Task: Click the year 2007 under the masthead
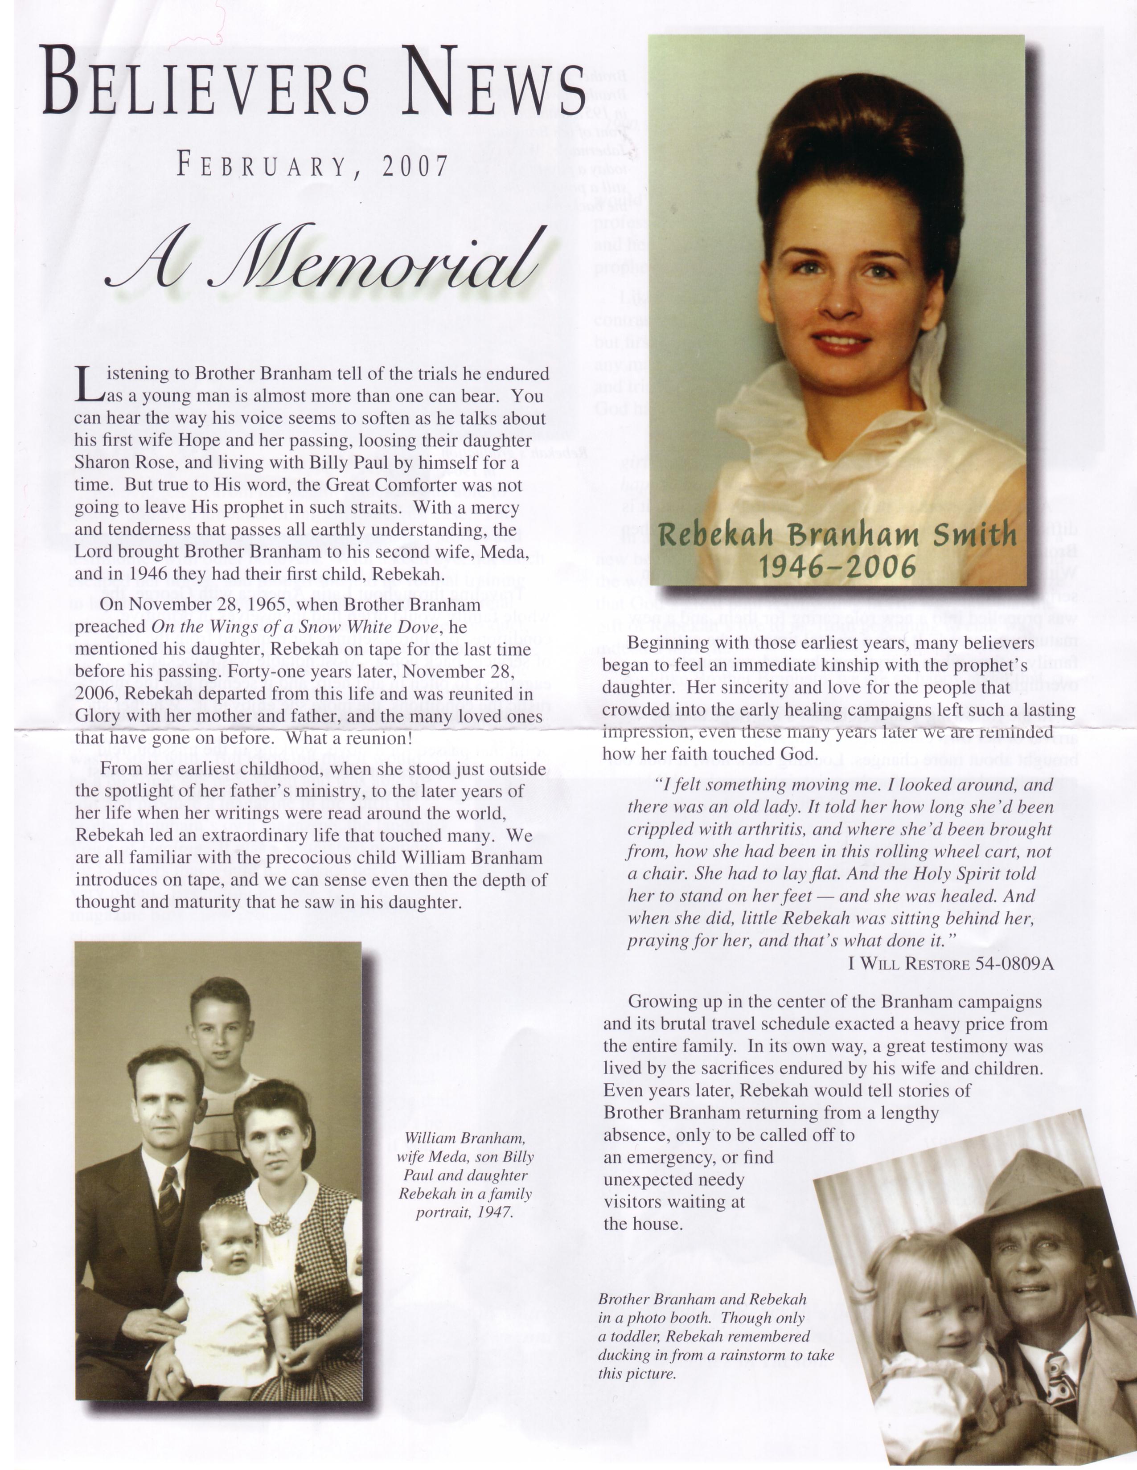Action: [415, 166]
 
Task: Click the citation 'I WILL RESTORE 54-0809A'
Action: [951, 963]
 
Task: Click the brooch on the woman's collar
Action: [278, 1222]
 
